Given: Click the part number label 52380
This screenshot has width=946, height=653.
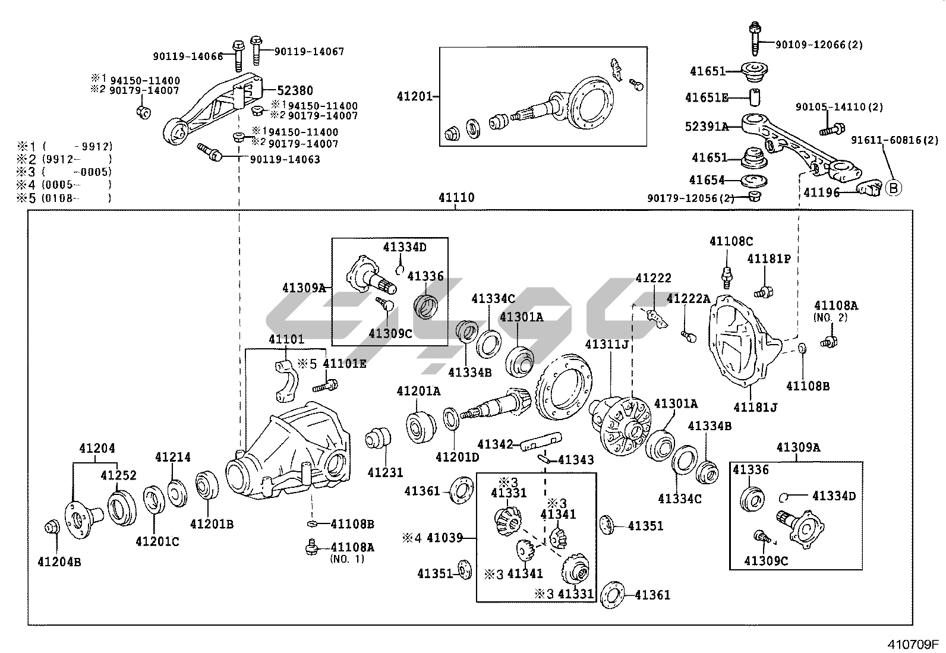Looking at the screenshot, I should pyautogui.click(x=295, y=91).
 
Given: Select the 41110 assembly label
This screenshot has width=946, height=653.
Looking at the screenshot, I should pyautogui.click(x=456, y=198).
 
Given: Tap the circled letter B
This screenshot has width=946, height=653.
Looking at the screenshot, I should pyautogui.click(x=893, y=188).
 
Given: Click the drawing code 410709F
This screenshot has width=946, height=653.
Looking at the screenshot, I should pyautogui.click(x=913, y=644).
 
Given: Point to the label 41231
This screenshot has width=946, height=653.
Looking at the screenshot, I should pyautogui.click(x=385, y=472).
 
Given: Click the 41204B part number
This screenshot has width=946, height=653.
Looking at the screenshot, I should pyautogui.click(x=59, y=561).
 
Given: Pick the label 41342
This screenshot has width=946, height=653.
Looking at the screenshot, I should pyautogui.click(x=495, y=444).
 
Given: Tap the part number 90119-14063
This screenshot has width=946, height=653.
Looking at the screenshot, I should pyautogui.click(x=285, y=159).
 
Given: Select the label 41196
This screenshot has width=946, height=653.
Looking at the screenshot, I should pyautogui.click(x=822, y=193).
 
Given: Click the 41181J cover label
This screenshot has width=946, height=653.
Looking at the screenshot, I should pyautogui.click(x=755, y=408).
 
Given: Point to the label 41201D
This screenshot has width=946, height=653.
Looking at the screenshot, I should pyautogui.click(x=457, y=457).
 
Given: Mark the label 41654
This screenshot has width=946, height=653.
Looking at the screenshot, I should pyautogui.click(x=707, y=179).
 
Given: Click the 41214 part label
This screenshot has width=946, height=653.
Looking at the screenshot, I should pyautogui.click(x=173, y=457).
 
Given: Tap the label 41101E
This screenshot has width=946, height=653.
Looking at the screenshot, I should pyautogui.click(x=345, y=364).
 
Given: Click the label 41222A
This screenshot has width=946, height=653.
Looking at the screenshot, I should pyautogui.click(x=688, y=299).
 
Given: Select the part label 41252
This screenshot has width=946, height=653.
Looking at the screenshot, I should pyautogui.click(x=118, y=475).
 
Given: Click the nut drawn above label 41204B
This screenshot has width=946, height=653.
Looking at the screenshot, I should pyautogui.click(x=52, y=526).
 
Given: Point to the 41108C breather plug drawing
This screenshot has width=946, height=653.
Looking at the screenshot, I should pyautogui.click(x=725, y=275).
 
